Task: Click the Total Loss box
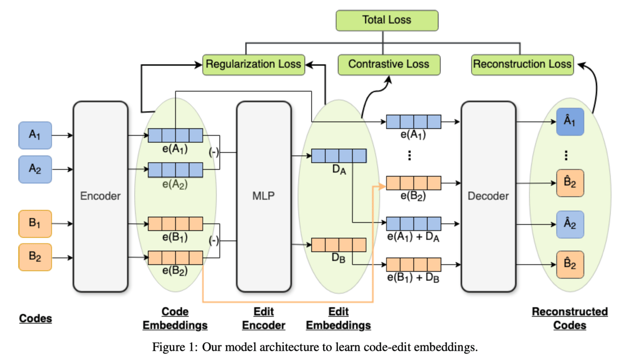(387, 20)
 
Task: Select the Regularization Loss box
(253, 64)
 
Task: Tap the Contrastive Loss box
(389, 64)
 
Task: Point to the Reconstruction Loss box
(522, 64)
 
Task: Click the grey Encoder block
(101, 196)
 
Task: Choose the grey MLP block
(263, 196)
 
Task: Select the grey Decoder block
(488, 196)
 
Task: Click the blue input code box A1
(35, 135)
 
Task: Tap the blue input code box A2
(35, 169)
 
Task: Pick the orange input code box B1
(35, 223)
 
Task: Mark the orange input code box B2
(35, 257)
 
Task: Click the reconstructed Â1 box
(570, 121)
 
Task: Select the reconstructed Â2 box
(570, 224)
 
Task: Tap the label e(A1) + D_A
(413, 237)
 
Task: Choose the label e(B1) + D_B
(413, 278)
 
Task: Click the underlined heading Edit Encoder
(263, 318)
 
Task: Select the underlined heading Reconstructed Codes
(570, 318)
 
